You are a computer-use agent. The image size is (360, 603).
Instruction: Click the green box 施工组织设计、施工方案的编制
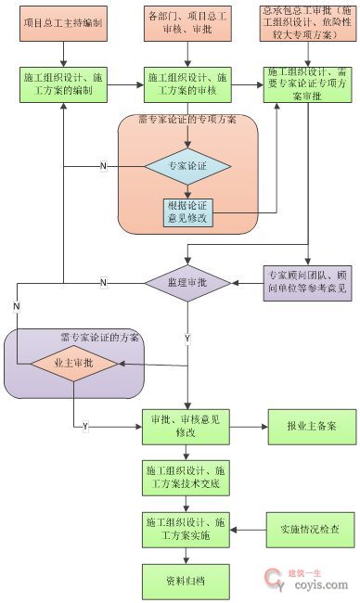(63, 86)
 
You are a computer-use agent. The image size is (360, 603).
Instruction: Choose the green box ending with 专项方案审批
(307, 84)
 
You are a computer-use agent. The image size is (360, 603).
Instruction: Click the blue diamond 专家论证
(188, 167)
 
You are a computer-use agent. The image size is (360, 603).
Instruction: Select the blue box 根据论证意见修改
(188, 212)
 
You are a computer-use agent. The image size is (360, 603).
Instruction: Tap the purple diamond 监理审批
(188, 281)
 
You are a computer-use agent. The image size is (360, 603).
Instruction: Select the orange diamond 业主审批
(75, 363)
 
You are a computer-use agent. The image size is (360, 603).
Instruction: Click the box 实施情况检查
(307, 530)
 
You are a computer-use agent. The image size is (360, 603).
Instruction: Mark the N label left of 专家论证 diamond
(103, 166)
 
